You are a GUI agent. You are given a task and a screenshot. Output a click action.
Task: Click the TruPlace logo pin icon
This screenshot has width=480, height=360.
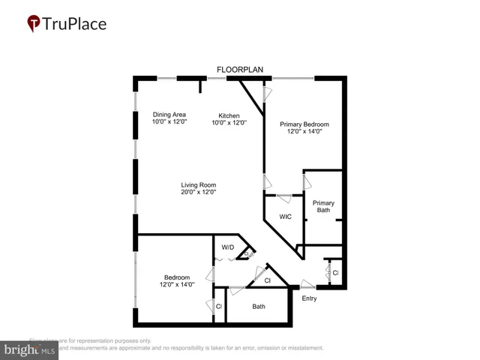pyautogui.click(x=33, y=24)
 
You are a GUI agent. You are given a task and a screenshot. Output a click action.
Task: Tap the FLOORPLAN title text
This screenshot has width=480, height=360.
pyautogui.click(x=240, y=70)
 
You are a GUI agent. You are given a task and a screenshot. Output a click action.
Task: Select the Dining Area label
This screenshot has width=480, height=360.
pyautogui.click(x=169, y=114)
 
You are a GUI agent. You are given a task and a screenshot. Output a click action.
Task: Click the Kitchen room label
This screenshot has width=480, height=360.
pyautogui.click(x=229, y=115)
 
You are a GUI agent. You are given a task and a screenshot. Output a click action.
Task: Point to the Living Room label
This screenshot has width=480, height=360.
pyautogui.click(x=199, y=184)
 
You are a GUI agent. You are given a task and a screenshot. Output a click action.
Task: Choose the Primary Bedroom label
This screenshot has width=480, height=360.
pyautogui.click(x=304, y=124)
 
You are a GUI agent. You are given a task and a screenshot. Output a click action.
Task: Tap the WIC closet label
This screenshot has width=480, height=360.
pyautogui.click(x=285, y=217)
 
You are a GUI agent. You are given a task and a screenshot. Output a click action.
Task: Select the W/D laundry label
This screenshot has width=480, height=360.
pyautogui.click(x=228, y=247)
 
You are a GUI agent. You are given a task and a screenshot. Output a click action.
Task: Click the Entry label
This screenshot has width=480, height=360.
pyautogui.click(x=309, y=298)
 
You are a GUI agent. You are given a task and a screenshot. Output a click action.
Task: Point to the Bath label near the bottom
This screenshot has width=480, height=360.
pyautogui.click(x=259, y=306)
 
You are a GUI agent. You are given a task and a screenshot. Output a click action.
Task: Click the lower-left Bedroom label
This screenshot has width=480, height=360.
pyautogui.click(x=177, y=277)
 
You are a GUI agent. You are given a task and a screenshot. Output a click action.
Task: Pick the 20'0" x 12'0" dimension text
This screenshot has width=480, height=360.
pyautogui.click(x=199, y=192)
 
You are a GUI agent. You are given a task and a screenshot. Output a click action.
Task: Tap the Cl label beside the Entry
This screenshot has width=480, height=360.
pyautogui.click(x=335, y=272)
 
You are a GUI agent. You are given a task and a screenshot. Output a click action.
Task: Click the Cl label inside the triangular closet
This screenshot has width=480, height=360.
pyautogui.click(x=268, y=280)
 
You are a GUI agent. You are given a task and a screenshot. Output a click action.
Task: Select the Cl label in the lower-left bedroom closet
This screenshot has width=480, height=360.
pyautogui.click(x=219, y=306)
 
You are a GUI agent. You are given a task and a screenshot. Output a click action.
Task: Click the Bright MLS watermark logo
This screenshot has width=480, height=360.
pyautogui.click(x=30, y=349)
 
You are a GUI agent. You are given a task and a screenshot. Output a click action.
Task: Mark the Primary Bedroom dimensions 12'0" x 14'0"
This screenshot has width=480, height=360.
pyautogui.click(x=304, y=131)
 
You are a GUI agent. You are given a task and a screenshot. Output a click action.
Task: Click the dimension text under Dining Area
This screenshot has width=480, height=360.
pyautogui.click(x=169, y=121)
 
